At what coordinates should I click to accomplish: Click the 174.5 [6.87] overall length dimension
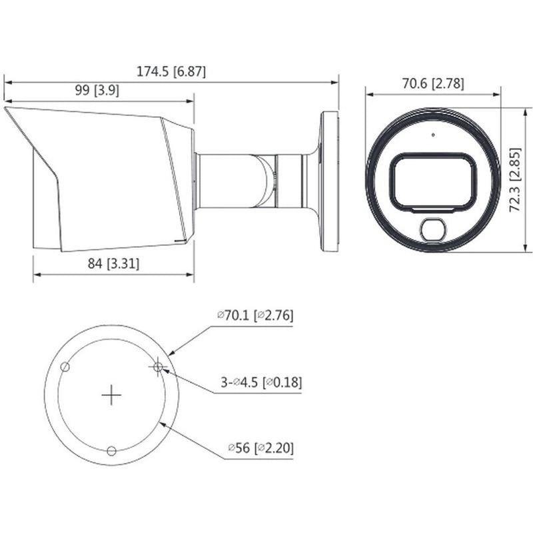click(x=171, y=72)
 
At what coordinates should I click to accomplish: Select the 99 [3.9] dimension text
click(x=97, y=91)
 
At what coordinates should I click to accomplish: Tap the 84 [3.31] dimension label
click(x=113, y=263)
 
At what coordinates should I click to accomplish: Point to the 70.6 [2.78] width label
click(x=433, y=83)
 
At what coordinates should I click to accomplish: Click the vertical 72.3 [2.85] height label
click(x=515, y=180)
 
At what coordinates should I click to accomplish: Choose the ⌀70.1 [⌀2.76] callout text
click(x=255, y=315)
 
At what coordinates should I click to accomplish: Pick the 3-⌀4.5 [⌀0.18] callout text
click(x=261, y=382)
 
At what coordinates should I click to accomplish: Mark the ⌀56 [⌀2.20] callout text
click(x=261, y=448)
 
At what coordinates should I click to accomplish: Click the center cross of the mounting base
click(x=111, y=395)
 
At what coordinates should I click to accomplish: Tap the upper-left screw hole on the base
click(x=65, y=367)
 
